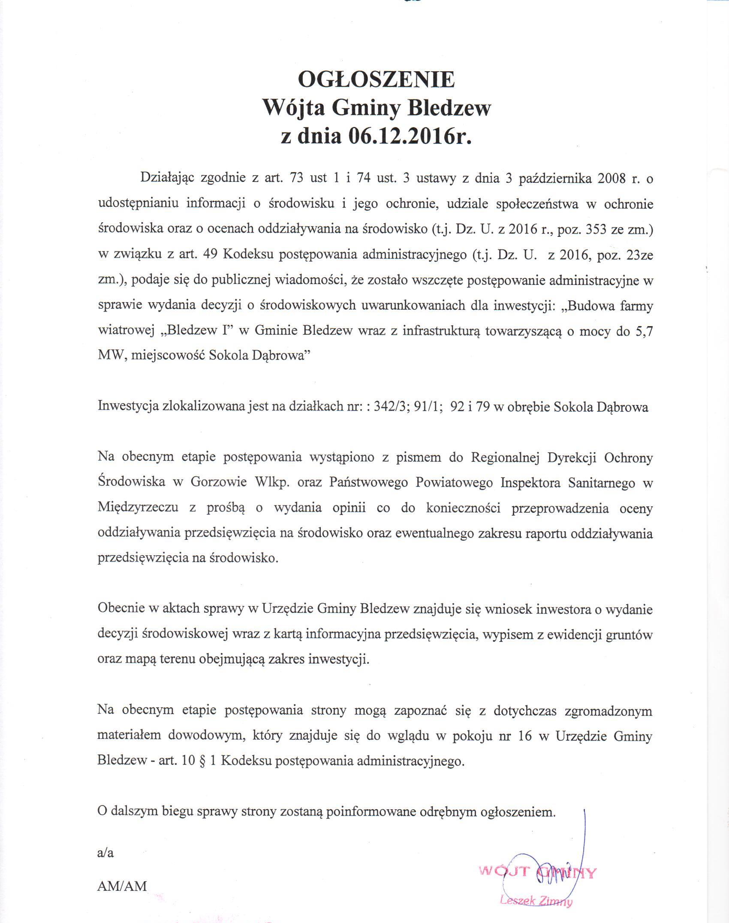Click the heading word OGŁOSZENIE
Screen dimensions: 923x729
click(376, 79)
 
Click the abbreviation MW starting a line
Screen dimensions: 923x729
click(109, 356)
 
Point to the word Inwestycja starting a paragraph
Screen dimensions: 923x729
click(127, 407)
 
